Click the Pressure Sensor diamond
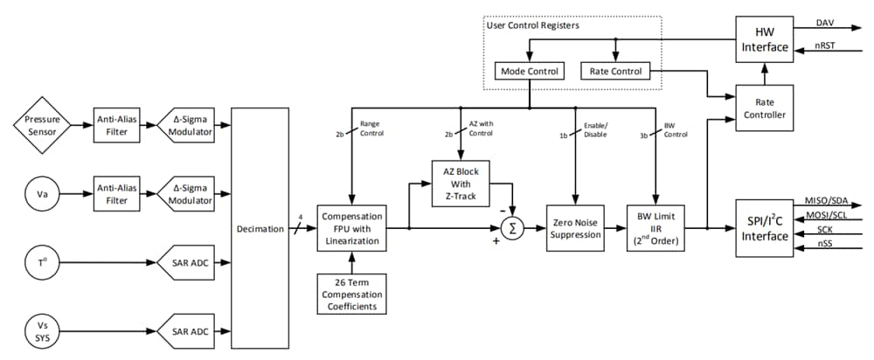(41, 126)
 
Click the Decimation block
(260, 229)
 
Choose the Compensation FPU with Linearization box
(350, 228)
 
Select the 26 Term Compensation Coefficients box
(350, 293)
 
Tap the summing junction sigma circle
(513, 229)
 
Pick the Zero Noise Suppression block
(575, 228)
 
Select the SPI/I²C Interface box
(765, 228)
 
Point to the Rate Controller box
(765, 108)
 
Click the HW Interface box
(765, 38)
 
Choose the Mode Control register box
(530, 71)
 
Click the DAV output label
(825, 23)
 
